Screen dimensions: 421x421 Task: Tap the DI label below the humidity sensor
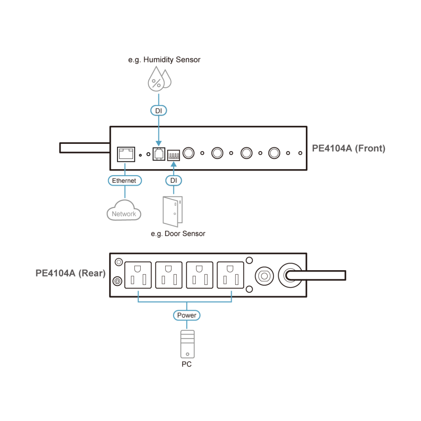tap(159, 111)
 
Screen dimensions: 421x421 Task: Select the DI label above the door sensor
tap(174, 180)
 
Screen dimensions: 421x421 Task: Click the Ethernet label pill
tap(125, 180)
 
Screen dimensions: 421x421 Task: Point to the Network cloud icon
tap(124, 211)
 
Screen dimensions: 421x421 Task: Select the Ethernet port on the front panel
tap(126, 154)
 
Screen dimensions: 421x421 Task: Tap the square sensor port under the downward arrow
tap(159, 154)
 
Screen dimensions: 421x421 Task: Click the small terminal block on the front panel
tap(173, 155)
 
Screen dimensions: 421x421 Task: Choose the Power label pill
tap(187, 315)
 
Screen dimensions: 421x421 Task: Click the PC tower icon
tap(187, 344)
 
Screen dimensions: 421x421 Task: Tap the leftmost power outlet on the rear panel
tap(138, 275)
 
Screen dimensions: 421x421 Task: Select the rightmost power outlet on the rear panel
tap(230, 275)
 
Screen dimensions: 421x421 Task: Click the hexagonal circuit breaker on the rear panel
tap(264, 276)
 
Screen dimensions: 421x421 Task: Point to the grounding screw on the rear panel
tap(118, 281)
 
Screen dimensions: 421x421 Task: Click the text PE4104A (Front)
tap(348, 148)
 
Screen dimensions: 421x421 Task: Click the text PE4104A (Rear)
tap(71, 273)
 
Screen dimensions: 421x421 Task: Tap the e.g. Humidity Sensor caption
tap(164, 60)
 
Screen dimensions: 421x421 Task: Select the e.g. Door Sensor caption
tap(178, 234)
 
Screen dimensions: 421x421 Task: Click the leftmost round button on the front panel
tap(188, 153)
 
